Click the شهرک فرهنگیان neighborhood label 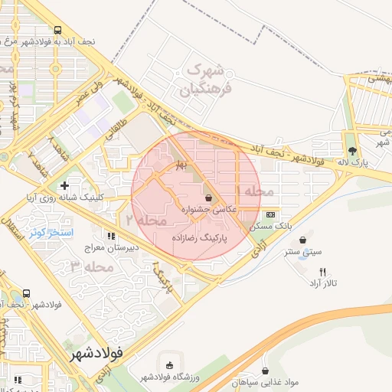(x=205, y=80)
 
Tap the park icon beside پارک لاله (x=351, y=151)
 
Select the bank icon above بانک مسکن (x=270, y=216)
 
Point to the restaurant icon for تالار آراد (x=322, y=272)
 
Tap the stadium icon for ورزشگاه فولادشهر (x=168, y=365)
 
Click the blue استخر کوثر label (x=51, y=231)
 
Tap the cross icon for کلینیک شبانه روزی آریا (x=64, y=185)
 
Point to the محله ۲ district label (x=152, y=220)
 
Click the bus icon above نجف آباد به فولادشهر (x=58, y=31)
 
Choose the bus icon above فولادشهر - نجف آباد (x=28, y=293)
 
